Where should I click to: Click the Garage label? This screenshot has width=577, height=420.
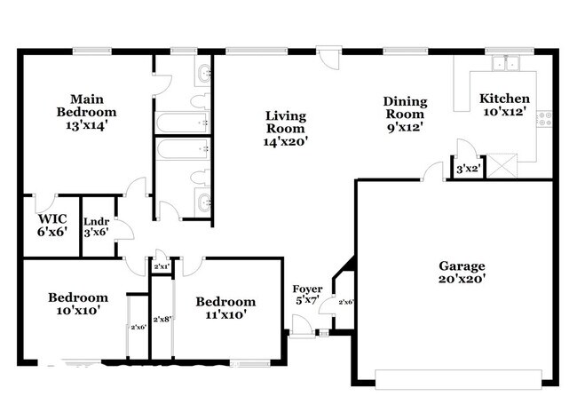462,265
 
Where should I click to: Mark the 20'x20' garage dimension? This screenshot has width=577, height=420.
462,278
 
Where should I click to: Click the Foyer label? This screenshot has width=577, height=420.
308,289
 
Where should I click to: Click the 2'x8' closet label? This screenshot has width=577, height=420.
162,319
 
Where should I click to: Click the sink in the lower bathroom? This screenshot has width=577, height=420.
203,199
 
